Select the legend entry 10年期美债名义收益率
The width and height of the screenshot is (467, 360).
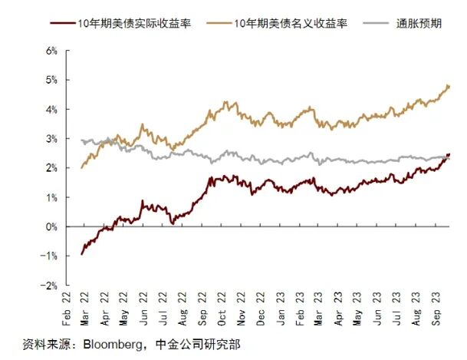click(294, 24)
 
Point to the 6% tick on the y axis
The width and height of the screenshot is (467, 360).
click(52, 51)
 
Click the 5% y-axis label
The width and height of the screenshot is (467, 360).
click(52, 80)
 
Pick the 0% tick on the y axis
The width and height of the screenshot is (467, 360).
click(52, 226)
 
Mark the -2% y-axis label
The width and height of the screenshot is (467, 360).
click(51, 286)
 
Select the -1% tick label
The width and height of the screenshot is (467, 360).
click(51, 256)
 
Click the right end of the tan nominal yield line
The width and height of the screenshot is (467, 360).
click(449, 86)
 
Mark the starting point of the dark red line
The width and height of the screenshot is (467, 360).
click(81, 253)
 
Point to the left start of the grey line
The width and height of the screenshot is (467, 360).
click(81, 140)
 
